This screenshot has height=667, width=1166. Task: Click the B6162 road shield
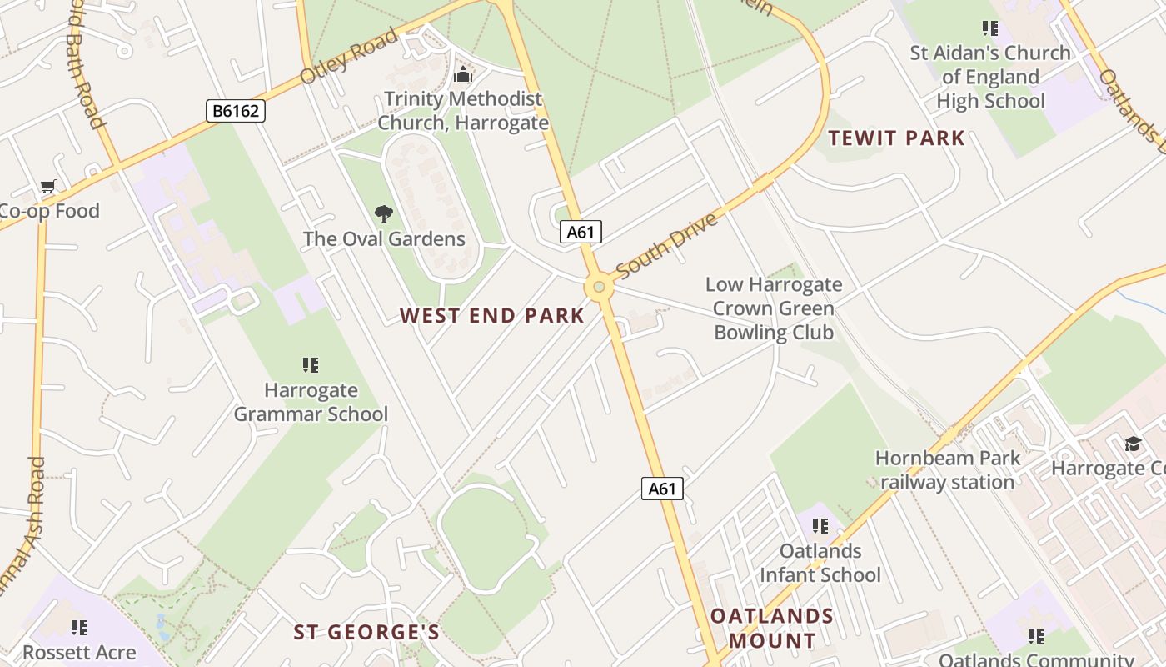(x=236, y=110)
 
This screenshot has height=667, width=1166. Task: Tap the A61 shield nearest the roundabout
(x=581, y=232)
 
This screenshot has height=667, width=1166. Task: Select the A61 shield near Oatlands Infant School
(x=662, y=489)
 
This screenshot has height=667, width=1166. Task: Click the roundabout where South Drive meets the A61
(x=598, y=288)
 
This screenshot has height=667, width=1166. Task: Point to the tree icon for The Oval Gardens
(x=383, y=215)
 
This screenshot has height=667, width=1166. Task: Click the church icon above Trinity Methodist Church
(x=462, y=75)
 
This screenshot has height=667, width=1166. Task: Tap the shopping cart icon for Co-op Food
(x=47, y=187)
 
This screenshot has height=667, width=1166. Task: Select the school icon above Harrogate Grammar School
(x=311, y=365)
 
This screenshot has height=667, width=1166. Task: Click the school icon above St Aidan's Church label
(x=989, y=28)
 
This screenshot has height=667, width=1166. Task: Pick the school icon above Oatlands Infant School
(x=820, y=526)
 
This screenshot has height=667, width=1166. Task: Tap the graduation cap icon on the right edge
(x=1133, y=444)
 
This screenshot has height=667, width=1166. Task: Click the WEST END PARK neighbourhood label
(x=491, y=316)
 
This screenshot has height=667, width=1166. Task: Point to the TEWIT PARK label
(x=896, y=138)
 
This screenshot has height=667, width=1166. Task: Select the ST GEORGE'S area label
(x=366, y=632)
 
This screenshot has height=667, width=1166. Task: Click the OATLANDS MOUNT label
(x=771, y=628)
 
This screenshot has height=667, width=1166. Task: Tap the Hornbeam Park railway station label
(x=948, y=469)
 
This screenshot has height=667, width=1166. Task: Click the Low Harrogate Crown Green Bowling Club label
(x=774, y=308)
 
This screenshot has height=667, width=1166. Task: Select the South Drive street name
(x=666, y=246)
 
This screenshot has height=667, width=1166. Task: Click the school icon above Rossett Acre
(x=79, y=627)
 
